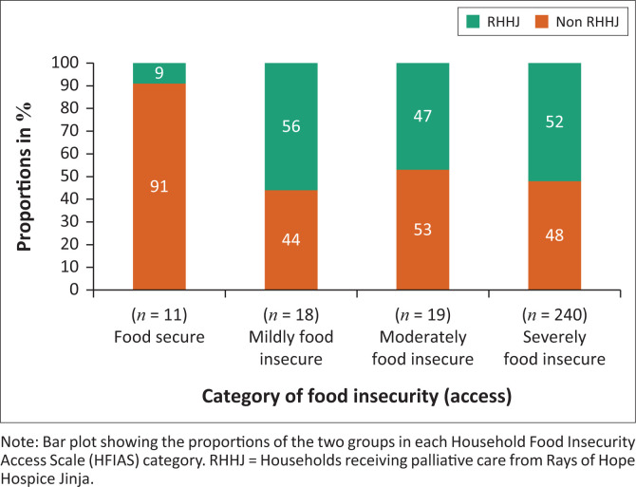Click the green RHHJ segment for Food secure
click(159, 73)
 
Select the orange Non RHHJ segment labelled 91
click(159, 187)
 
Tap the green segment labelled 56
click(290, 126)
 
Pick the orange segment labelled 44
click(290, 240)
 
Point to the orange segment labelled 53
click(423, 230)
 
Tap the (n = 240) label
click(556, 315)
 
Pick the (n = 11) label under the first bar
click(159, 315)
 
